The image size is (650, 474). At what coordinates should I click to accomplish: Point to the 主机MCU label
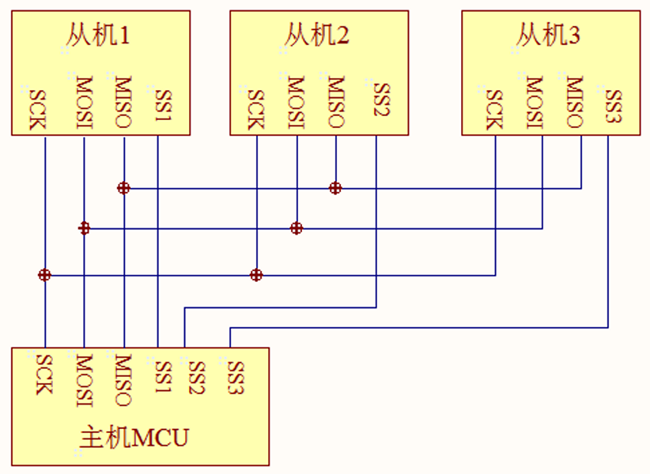[134, 437]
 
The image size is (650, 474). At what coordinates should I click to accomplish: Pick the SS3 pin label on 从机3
[613, 105]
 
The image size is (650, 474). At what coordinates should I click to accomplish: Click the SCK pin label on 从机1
[39, 109]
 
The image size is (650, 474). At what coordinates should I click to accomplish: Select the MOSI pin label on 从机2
[295, 102]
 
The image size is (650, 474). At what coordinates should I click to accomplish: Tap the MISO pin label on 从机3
[574, 102]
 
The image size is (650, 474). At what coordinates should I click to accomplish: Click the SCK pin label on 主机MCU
[44, 374]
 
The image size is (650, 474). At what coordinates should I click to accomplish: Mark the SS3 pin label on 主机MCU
[236, 377]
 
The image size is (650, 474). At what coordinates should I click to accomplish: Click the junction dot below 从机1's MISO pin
[123, 188]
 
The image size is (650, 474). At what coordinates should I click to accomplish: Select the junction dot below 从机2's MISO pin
[335, 188]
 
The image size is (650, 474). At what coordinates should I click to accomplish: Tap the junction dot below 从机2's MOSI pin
[297, 228]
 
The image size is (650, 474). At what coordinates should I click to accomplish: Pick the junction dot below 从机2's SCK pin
[256, 275]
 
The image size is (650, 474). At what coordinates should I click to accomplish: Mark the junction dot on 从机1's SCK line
[45, 275]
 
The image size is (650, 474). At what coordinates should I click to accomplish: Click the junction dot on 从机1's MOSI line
[85, 228]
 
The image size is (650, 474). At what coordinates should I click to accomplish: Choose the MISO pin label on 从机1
[123, 102]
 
